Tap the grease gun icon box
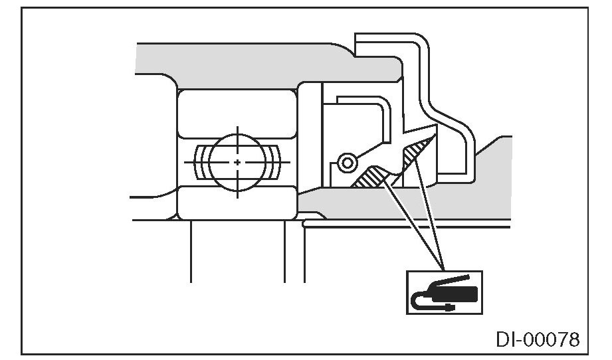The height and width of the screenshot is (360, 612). click(x=444, y=292)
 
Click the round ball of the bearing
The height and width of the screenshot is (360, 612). click(x=237, y=162)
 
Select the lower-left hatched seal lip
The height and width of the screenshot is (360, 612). click(x=369, y=177)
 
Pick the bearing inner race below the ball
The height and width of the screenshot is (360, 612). click(x=237, y=203)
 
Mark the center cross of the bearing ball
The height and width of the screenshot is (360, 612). click(x=237, y=162)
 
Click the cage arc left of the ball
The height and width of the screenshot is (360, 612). click(x=197, y=162)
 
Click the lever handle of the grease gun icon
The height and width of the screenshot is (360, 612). click(x=452, y=278)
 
